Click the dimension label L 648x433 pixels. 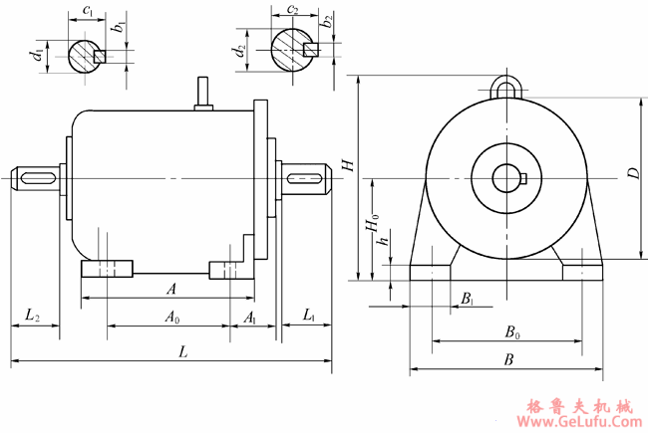point(182,351)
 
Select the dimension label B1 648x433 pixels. point(468,299)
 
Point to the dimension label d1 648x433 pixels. point(38,56)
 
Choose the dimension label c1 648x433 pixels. point(90,11)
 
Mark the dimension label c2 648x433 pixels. point(292,11)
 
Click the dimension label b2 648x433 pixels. point(328,22)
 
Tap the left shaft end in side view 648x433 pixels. point(35,178)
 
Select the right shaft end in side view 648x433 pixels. point(307,179)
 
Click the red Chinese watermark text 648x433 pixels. point(578,406)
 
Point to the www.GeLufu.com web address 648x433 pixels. point(577,422)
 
